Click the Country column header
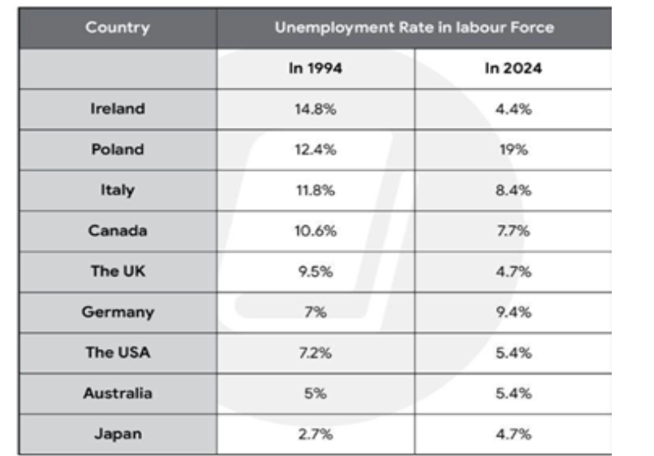click(x=117, y=28)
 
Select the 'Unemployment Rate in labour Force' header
click(x=414, y=28)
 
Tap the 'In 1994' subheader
click(x=315, y=68)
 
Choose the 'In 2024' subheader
click(x=514, y=68)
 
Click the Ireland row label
click(x=117, y=109)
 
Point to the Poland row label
click(x=117, y=149)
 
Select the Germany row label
click(x=117, y=312)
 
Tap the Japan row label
click(x=117, y=434)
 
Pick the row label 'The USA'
click(x=117, y=352)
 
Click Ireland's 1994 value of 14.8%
click(x=315, y=109)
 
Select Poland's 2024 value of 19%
click(x=514, y=149)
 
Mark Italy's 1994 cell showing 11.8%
click(x=315, y=190)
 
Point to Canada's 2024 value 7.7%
click(x=514, y=231)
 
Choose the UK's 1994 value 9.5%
click(x=315, y=272)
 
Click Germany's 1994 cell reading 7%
click(x=315, y=312)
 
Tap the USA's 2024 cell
click(x=514, y=353)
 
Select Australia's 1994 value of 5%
click(x=315, y=394)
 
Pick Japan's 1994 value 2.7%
click(x=315, y=434)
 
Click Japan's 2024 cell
click(x=514, y=434)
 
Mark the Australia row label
click(x=117, y=394)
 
